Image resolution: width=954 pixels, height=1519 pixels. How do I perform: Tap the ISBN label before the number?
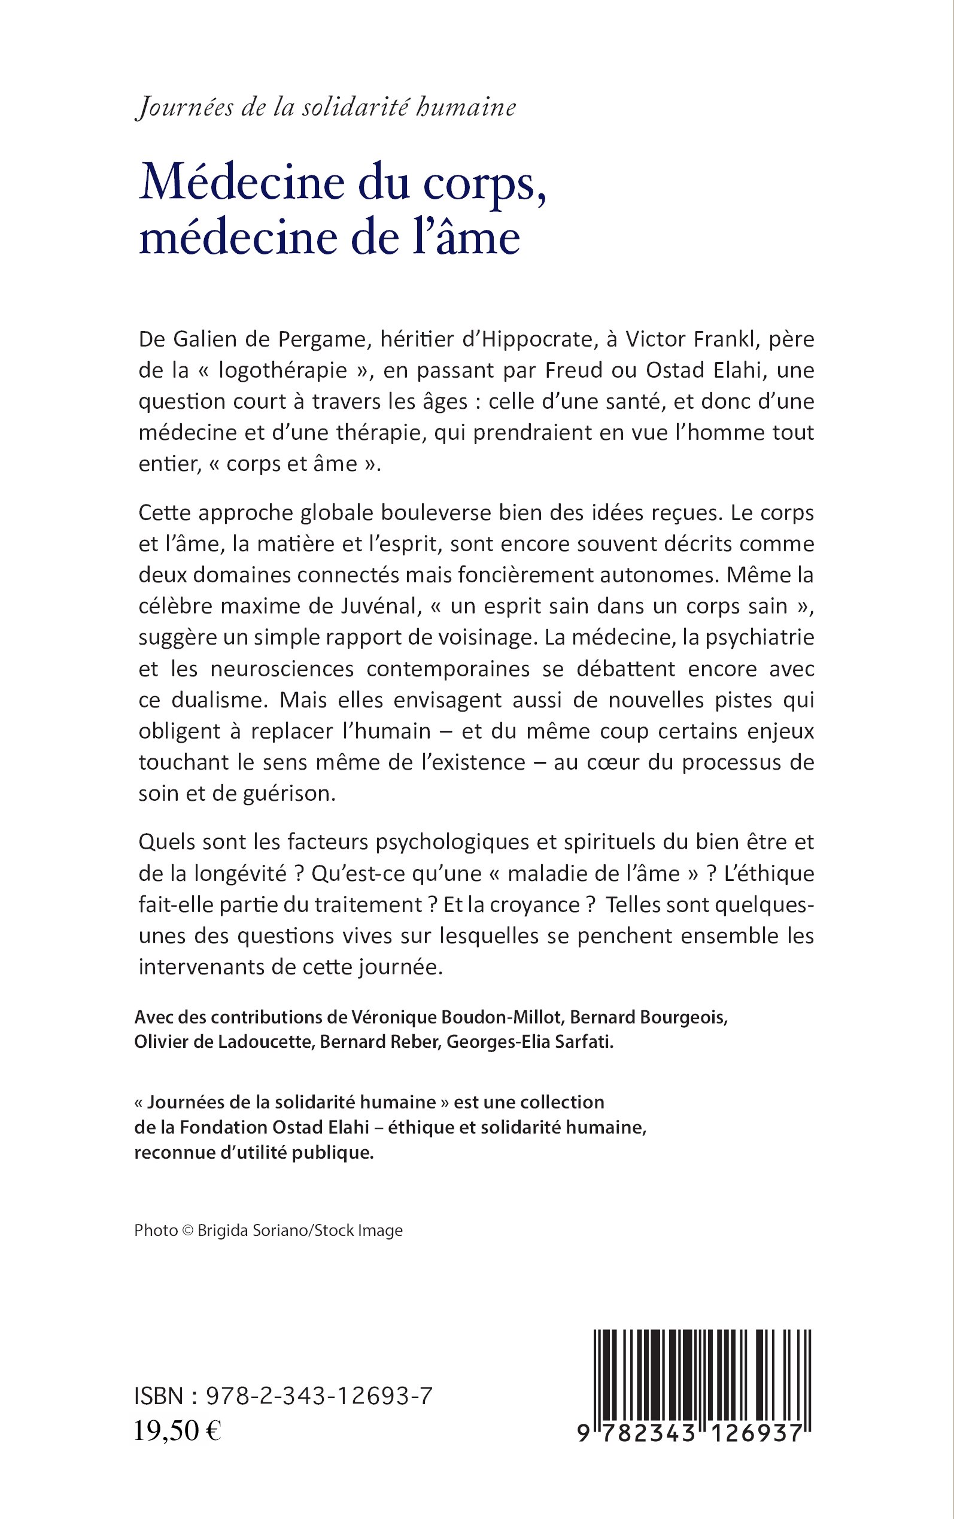159,1397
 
